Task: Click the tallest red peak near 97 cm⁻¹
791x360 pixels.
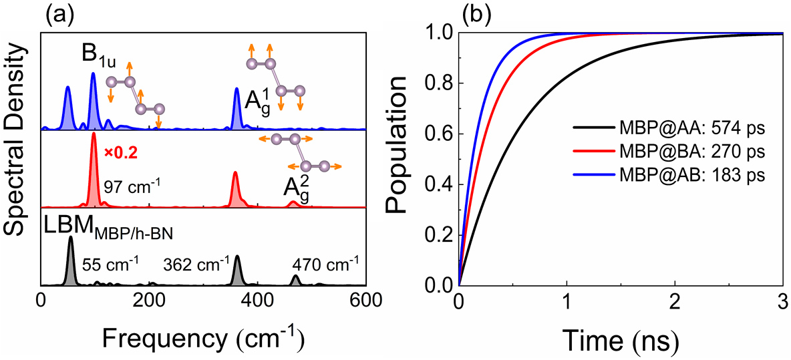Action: click(94, 137)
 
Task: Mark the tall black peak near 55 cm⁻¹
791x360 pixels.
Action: click(71, 242)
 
